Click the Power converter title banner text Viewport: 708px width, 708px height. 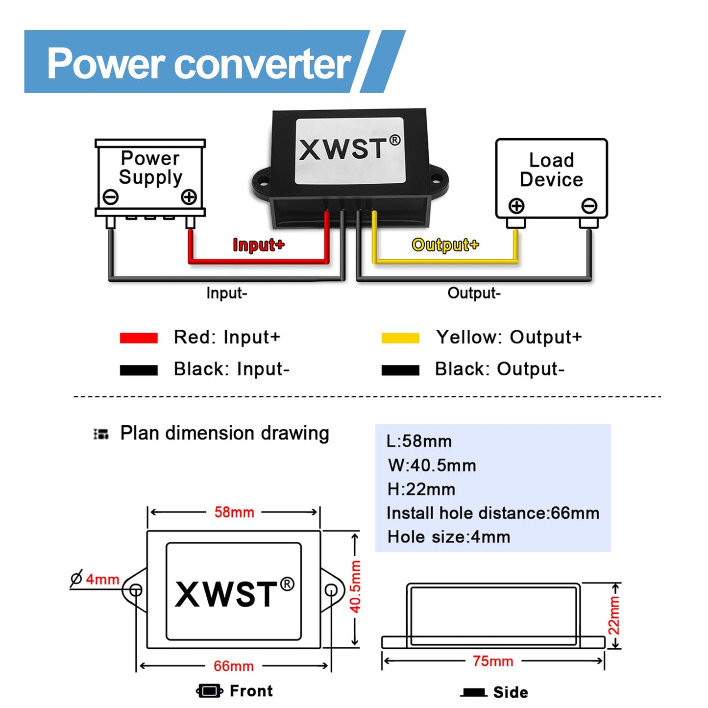point(198,64)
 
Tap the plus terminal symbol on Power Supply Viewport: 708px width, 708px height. point(189,197)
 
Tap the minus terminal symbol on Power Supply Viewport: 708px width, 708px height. point(111,197)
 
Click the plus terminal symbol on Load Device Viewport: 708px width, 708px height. point(516,206)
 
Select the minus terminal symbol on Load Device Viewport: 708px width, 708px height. point(589,206)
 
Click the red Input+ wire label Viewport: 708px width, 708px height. point(258,244)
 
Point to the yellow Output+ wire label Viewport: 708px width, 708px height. point(445,244)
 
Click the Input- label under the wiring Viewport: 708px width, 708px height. point(226,293)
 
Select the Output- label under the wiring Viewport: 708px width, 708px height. point(474,293)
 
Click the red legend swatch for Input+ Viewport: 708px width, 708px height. point(139,338)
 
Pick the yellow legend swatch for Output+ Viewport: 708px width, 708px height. point(400,338)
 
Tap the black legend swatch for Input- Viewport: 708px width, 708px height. point(139,370)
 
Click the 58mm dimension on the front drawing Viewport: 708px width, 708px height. point(234,513)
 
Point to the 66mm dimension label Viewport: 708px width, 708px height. point(234,666)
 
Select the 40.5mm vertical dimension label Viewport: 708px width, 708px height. point(355,586)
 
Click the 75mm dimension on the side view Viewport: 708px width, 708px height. point(493,661)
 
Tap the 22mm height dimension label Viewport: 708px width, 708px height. point(614,615)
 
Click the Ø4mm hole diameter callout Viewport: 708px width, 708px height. point(96,579)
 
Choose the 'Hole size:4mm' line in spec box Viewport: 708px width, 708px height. point(449,537)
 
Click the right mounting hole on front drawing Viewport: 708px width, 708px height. point(332,589)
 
